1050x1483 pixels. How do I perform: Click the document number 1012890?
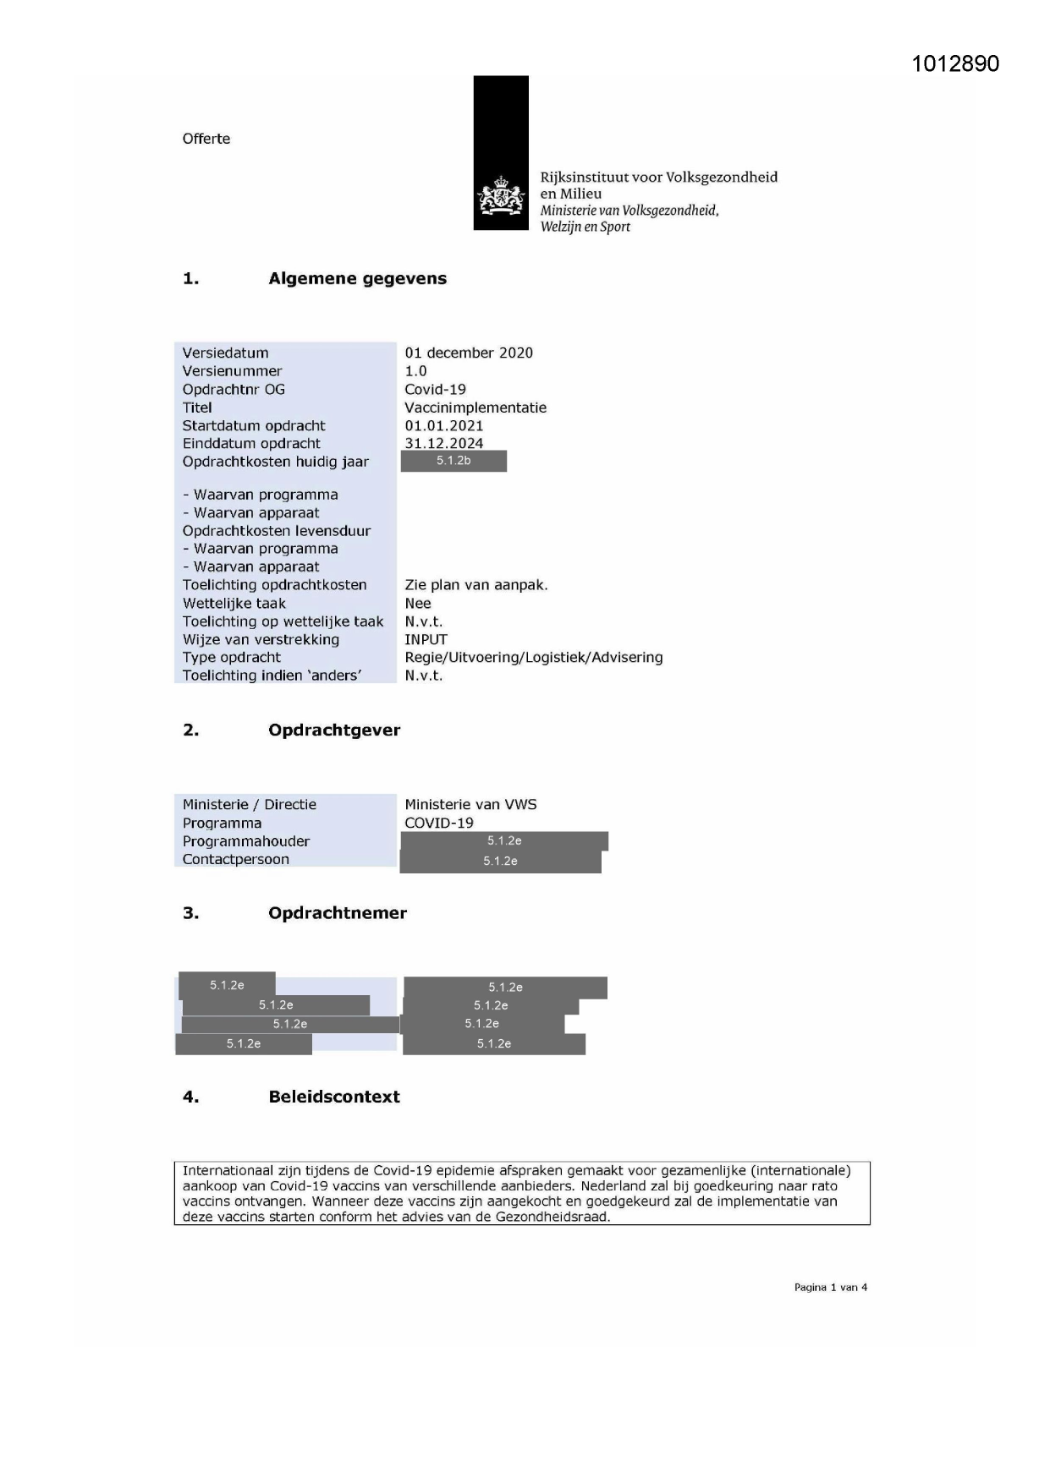pyautogui.click(x=955, y=64)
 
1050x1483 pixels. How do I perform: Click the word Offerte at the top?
pyautogui.click(x=206, y=139)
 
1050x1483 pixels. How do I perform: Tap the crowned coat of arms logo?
pyautogui.click(x=501, y=196)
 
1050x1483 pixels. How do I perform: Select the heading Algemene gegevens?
pyautogui.click(x=357, y=278)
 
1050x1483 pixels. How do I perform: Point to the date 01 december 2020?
pyautogui.click(x=468, y=353)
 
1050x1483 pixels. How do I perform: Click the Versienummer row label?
pyautogui.click(x=232, y=371)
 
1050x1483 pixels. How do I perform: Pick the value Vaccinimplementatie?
pyautogui.click(x=475, y=408)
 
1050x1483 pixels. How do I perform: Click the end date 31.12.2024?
pyautogui.click(x=443, y=443)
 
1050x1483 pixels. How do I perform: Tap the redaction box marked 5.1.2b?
pyautogui.click(x=454, y=461)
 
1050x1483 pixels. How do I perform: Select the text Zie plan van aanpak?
pyautogui.click(x=476, y=585)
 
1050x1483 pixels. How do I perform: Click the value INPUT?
pyautogui.click(x=426, y=639)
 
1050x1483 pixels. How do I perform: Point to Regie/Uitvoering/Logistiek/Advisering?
pyautogui.click(x=533, y=657)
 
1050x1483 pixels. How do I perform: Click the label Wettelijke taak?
pyautogui.click(x=234, y=604)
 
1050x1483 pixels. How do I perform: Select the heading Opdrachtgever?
pyautogui.click(x=333, y=730)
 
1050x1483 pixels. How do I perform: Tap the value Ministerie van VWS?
pyautogui.click(x=470, y=804)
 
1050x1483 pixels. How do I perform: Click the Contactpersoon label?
pyautogui.click(x=235, y=859)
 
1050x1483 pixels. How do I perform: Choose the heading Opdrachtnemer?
pyautogui.click(x=337, y=912)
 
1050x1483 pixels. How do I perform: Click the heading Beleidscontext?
pyautogui.click(x=333, y=1097)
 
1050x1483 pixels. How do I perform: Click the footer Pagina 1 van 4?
pyautogui.click(x=830, y=1287)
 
